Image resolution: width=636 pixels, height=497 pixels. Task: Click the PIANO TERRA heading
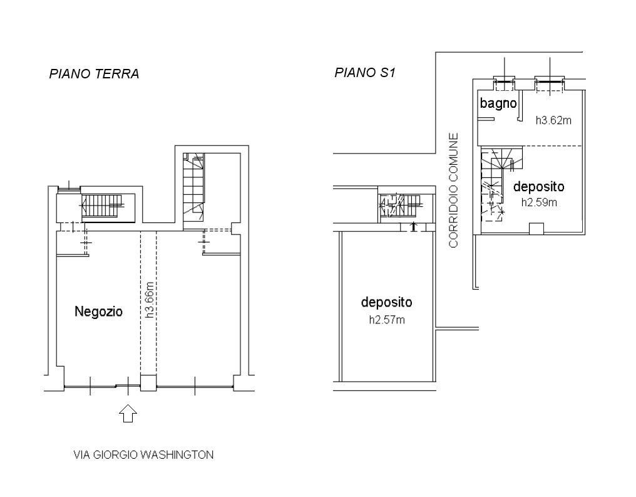94,74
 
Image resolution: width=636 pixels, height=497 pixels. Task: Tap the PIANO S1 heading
365,73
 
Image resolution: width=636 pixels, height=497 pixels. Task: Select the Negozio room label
98,311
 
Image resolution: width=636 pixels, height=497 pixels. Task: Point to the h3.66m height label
150,300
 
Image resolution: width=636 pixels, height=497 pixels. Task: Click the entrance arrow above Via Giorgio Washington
128,413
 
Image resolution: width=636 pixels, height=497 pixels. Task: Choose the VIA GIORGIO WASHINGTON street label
143,454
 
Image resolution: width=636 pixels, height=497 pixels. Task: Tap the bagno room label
498,103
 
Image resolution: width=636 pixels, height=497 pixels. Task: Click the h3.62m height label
553,120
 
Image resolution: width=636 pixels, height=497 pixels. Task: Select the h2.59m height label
539,202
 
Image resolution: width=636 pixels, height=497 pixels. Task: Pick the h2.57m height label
386,320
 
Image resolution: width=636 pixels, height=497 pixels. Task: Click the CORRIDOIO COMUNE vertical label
454,189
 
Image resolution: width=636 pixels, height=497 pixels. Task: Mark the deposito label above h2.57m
386,302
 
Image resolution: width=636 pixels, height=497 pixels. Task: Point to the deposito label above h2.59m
538,186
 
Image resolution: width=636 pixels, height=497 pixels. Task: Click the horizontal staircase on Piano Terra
103,205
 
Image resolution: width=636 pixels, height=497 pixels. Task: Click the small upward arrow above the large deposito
413,226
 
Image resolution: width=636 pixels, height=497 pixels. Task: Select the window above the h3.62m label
550,81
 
